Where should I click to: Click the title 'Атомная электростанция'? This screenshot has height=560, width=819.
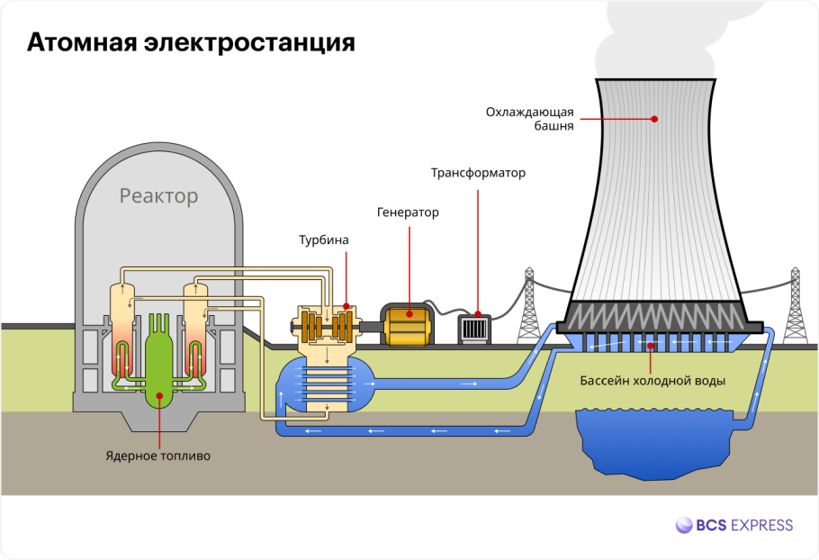191,43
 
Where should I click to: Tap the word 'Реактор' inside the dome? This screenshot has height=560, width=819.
158,195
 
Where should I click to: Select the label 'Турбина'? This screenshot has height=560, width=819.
323,240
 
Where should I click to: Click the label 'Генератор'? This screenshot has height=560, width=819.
408,212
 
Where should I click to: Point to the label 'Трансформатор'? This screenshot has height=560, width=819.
477,173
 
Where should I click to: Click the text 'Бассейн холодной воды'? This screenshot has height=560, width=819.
652,380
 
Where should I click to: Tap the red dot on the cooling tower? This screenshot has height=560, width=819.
654,118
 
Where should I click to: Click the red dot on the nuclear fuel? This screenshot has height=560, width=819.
159,393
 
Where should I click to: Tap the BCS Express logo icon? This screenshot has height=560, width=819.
684,525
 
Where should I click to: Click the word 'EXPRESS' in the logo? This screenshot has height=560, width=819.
761,525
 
